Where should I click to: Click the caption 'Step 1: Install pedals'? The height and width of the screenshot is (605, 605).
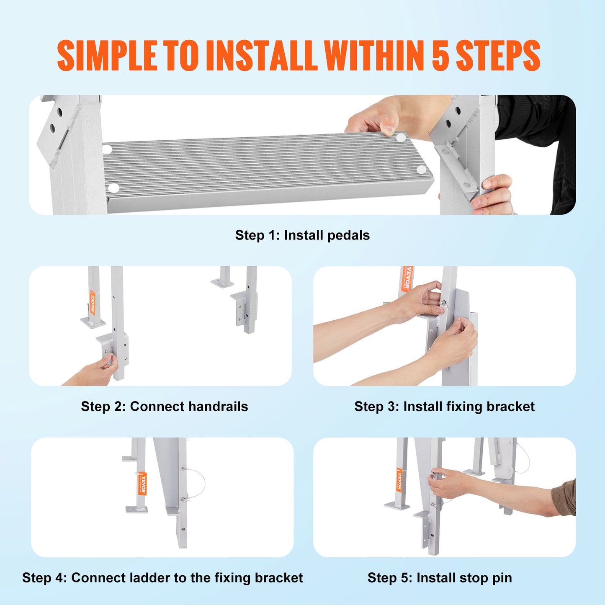(x=302, y=235)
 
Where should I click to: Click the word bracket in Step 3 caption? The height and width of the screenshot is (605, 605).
(x=510, y=407)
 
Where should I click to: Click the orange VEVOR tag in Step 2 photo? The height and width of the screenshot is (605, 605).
(x=92, y=302)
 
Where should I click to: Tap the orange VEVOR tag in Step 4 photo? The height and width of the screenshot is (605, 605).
(x=143, y=484)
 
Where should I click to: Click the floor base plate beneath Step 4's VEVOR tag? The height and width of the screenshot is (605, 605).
(x=136, y=510)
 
